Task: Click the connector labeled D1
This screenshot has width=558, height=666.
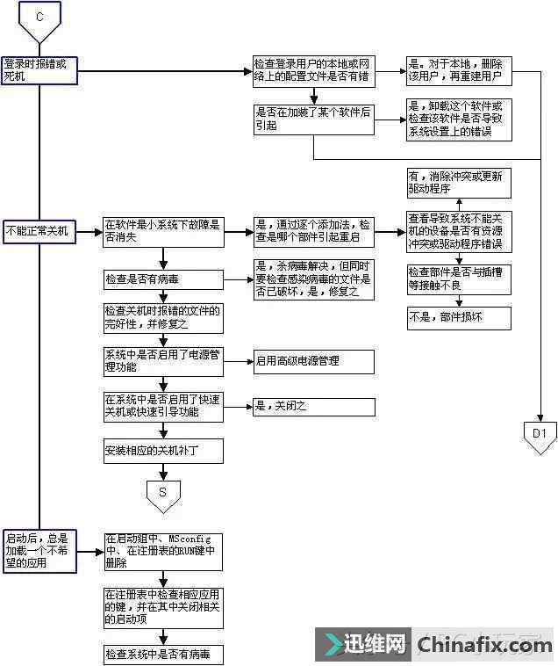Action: (540, 434)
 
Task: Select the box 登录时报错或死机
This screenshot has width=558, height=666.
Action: (39, 70)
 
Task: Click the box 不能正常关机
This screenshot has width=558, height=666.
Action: (39, 232)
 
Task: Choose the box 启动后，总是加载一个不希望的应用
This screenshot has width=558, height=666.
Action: (39, 550)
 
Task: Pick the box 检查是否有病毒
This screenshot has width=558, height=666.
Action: (162, 279)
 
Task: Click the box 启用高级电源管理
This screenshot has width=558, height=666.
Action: (313, 361)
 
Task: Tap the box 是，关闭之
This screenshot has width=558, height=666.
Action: (313, 407)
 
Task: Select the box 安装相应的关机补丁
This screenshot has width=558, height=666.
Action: (162, 452)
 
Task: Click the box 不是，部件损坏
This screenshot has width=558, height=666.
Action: (459, 317)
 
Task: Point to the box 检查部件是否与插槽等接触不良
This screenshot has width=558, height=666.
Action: (459, 277)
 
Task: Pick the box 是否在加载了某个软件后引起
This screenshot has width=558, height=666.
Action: (313, 119)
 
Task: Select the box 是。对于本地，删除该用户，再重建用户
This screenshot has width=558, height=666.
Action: (459, 71)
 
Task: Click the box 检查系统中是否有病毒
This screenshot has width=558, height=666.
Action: (162, 655)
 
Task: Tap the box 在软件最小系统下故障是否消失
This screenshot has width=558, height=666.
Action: (162, 231)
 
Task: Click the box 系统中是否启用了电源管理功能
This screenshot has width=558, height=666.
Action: (162, 360)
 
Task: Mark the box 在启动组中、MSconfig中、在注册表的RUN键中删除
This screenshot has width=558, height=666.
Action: (162, 551)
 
